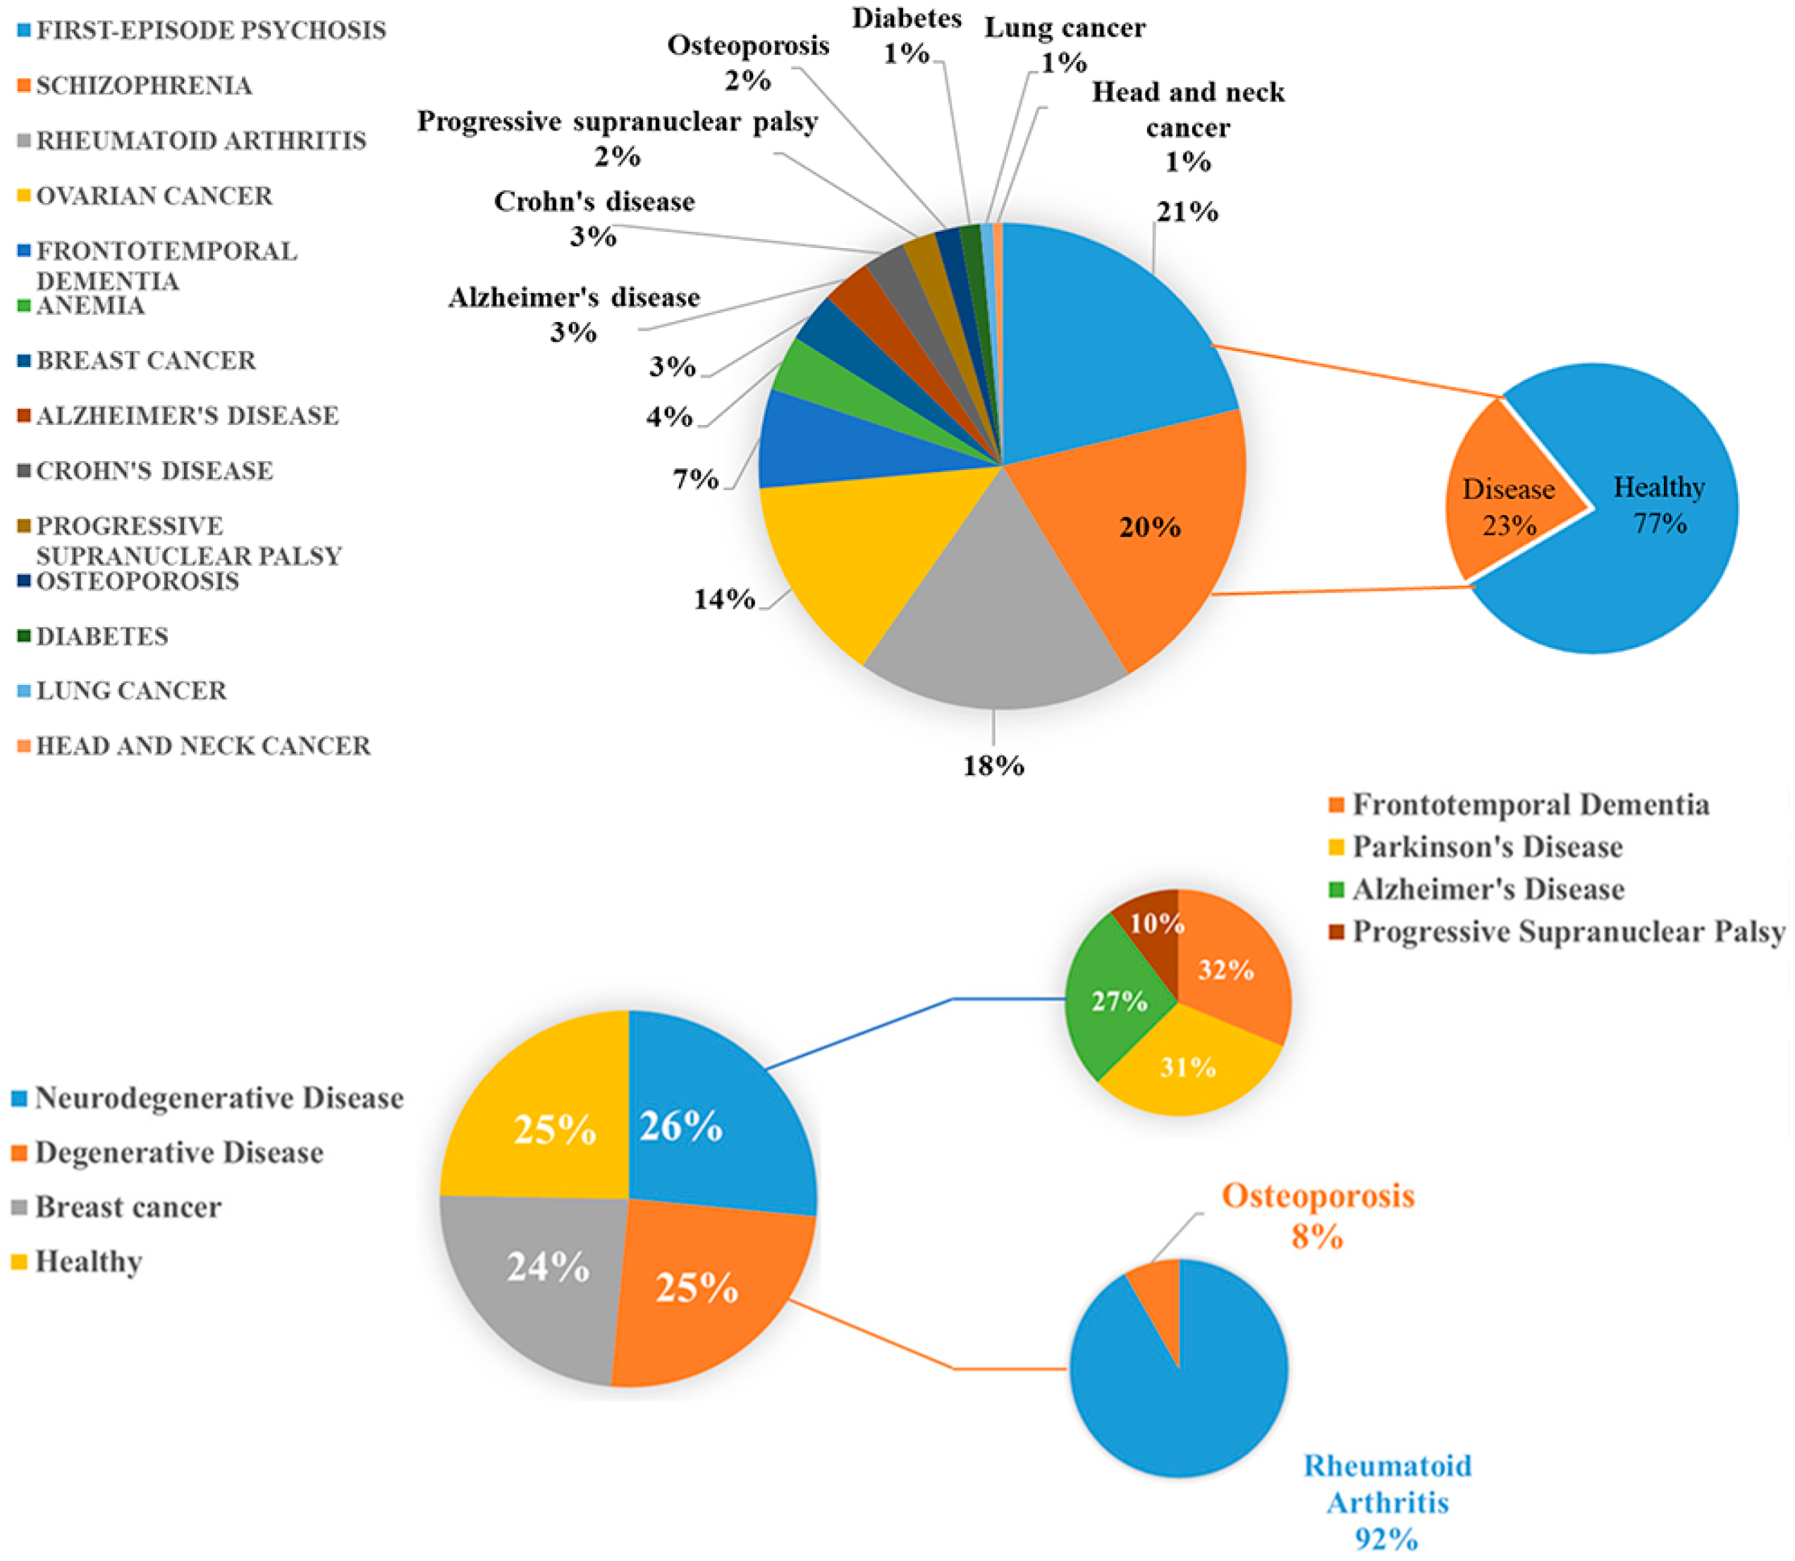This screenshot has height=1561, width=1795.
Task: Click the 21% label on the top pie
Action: (x=1186, y=211)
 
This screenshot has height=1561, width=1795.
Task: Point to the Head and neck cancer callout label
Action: (x=1188, y=126)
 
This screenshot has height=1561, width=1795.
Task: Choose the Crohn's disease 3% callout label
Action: (x=594, y=218)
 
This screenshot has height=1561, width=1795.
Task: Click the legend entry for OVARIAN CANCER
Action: (x=154, y=196)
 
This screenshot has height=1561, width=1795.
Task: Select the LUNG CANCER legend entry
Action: (x=130, y=691)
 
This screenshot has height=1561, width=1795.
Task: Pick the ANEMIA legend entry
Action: (x=90, y=306)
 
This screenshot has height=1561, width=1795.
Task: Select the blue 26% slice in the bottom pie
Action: (x=706, y=1124)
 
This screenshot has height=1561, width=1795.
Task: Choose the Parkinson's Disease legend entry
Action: (x=1486, y=846)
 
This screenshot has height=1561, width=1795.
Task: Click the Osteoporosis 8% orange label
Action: (x=1318, y=1215)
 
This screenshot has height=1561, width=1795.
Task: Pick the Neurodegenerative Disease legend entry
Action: (x=219, y=1099)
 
